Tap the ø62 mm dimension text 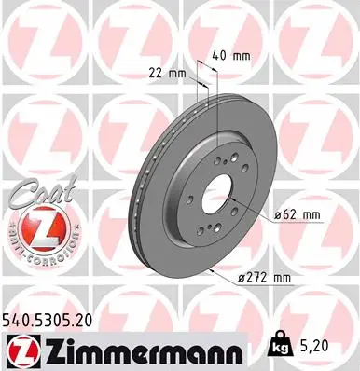[x=298, y=215]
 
